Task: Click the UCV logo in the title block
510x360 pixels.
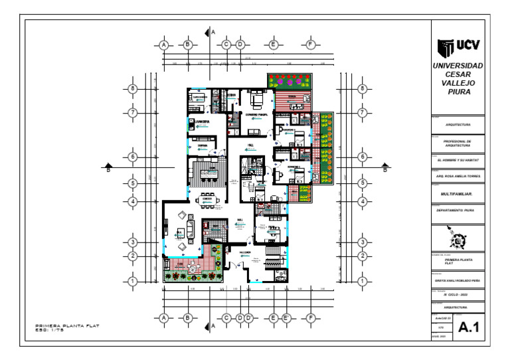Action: pos(458,47)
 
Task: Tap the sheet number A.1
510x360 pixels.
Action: pos(469,326)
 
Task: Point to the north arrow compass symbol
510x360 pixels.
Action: pos(458,237)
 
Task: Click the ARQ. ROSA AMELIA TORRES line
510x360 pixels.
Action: pos(458,177)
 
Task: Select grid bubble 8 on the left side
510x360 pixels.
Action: pos(133,88)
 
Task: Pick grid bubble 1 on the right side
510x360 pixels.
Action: pos(363,282)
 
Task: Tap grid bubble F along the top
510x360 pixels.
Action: pos(310,45)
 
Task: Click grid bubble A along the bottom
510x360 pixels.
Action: pos(163,318)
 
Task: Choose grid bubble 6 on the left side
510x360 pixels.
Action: pos(133,157)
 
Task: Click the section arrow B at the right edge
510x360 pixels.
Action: pos(385,167)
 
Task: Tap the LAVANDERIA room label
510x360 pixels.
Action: pos(199,122)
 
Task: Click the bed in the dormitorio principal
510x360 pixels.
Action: pos(257,101)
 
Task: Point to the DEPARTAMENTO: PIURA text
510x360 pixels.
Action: pos(455,210)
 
